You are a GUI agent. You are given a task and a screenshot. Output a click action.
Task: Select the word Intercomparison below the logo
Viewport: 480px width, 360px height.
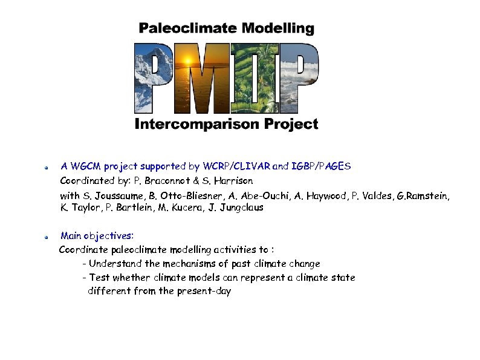197,125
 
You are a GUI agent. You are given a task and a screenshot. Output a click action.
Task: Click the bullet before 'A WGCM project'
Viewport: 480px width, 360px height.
46,166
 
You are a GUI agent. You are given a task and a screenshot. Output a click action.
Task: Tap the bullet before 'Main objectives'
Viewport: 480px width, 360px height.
46,236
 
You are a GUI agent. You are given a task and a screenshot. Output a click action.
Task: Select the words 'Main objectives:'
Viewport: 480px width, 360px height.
97,235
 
